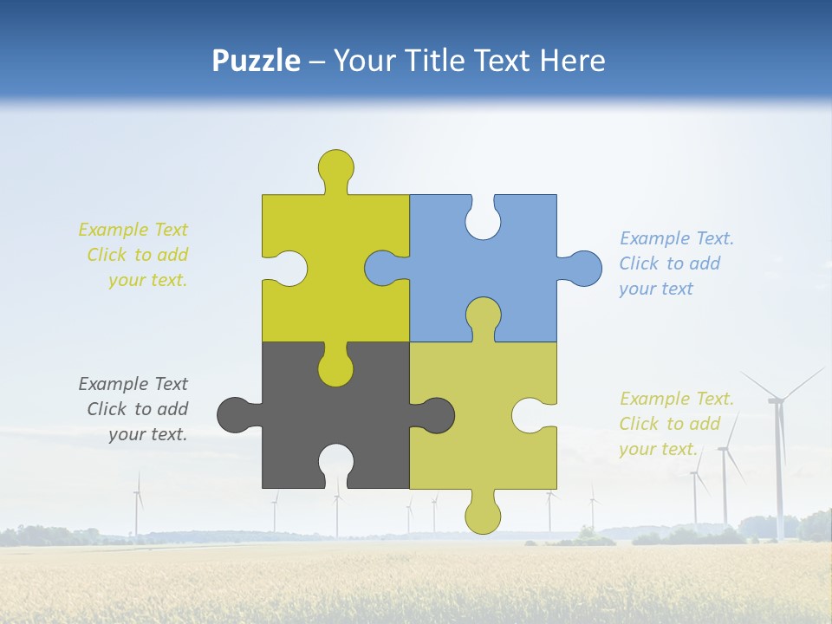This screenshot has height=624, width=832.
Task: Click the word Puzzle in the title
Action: click(257, 61)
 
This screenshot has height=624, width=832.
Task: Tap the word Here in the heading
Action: click(572, 61)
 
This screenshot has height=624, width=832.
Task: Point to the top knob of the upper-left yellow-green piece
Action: click(335, 166)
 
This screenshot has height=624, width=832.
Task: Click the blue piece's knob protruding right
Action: click(584, 268)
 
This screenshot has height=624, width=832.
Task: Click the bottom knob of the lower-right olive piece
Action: click(483, 517)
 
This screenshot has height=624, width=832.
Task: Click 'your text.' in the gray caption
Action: click(147, 434)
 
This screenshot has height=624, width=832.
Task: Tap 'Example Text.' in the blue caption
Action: click(677, 238)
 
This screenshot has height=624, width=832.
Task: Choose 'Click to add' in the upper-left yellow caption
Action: click(137, 255)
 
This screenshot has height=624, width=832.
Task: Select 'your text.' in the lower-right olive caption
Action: click(658, 449)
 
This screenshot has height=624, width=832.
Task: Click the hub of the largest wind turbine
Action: click(776, 400)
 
